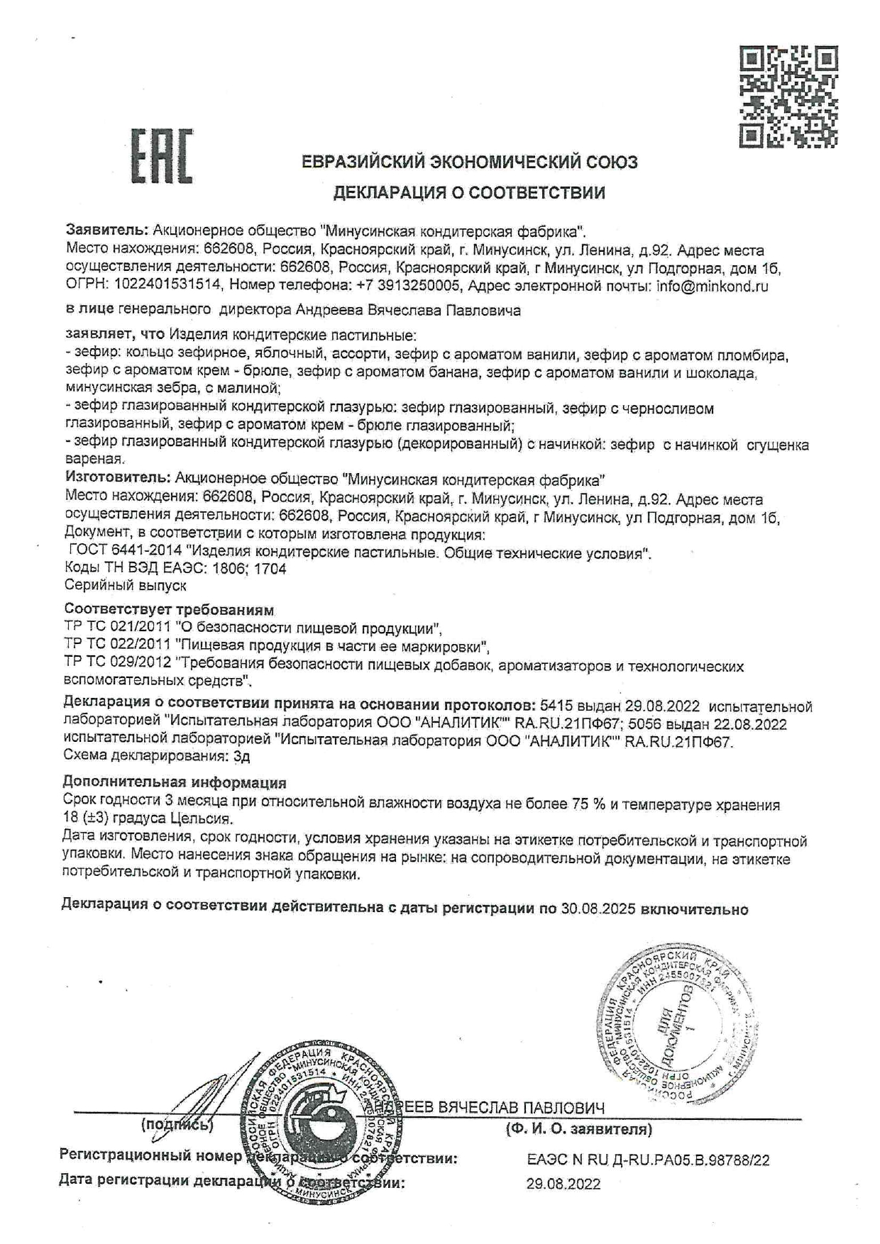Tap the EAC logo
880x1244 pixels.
161,155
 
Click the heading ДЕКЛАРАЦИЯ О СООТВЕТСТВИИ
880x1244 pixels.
469,192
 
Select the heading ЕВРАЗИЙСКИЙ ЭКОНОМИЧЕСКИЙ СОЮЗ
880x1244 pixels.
469,162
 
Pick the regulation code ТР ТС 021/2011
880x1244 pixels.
117,628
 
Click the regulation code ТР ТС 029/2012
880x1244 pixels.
117,665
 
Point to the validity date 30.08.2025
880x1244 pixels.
598,909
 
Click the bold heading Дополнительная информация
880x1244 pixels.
175,783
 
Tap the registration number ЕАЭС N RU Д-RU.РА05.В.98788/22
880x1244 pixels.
648,1160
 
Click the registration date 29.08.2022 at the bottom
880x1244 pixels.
563,1184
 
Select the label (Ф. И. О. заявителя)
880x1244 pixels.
578,1129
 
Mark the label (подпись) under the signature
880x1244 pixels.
177,1124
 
